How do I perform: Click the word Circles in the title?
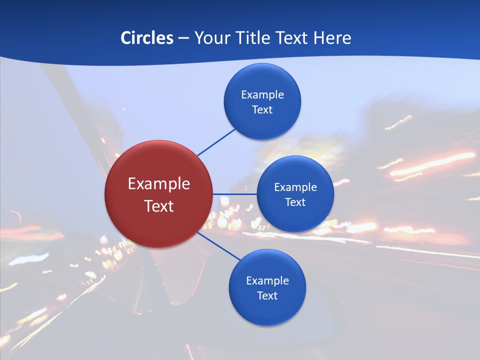[147, 38]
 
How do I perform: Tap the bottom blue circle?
[267, 310]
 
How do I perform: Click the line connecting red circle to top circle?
[216, 142]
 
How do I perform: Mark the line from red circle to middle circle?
[234, 194]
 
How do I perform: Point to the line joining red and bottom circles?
[218, 245]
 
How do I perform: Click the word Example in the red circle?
[159, 184]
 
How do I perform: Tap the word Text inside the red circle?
[159, 206]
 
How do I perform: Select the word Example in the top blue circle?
[262, 95]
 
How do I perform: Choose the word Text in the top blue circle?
[262, 110]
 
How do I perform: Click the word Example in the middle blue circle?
[295, 187]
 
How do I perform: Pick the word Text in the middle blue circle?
[295, 202]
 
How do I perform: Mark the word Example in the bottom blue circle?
[267, 281]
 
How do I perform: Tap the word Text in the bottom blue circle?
[267, 296]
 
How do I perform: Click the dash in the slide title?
[183, 38]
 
